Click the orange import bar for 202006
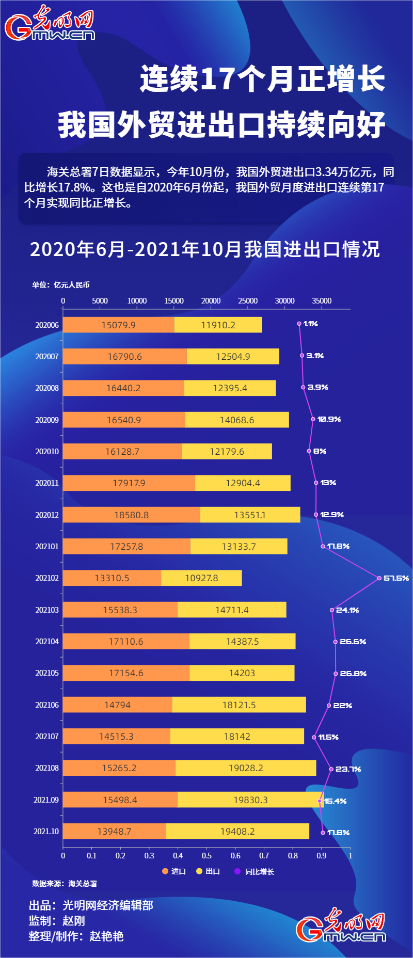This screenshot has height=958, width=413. [119, 325]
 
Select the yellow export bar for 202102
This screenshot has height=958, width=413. [201, 578]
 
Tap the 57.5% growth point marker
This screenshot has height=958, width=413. [379, 578]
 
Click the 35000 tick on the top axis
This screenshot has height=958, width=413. [322, 301]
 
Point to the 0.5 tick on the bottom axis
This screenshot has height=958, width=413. [206, 855]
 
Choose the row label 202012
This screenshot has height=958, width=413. [47, 515]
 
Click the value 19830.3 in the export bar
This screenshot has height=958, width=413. [250, 800]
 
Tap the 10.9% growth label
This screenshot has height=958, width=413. [329, 419]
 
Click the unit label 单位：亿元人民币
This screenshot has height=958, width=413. [61, 285]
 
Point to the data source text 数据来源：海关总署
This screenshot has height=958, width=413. [65, 884]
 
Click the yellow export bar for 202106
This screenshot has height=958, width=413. [239, 705]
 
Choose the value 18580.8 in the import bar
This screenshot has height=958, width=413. [131, 515]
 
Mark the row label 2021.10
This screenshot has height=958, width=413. [46, 831]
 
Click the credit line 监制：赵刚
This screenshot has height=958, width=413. [57, 921]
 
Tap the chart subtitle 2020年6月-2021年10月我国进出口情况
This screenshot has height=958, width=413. [205, 249]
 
